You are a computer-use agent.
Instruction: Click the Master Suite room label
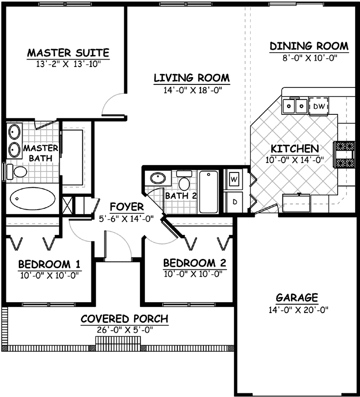pyautogui.click(x=68, y=52)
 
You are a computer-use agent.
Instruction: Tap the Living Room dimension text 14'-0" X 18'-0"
pyautogui.click(x=191, y=90)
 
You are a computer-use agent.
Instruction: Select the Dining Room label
pyautogui.click(x=309, y=46)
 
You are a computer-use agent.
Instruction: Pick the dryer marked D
pyautogui.click(x=234, y=201)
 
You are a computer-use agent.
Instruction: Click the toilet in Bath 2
pyautogui.click(x=184, y=179)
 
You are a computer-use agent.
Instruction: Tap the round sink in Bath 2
pyautogui.click(x=158, y=178)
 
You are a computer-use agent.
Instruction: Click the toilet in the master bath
pyautogui.click(x=18, y=172)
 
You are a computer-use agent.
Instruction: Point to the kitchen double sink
pyautogui.click(x=294, y=106)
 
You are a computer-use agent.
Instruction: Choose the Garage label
pyautogui.click(x=297, y=298)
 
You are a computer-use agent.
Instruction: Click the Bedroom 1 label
pyautogui.click(x=50, y=263)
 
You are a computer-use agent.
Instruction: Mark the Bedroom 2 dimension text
pyautogui.click(x=195, y=274)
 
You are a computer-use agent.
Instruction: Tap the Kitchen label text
pyautogui.click(x=294, y=149)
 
